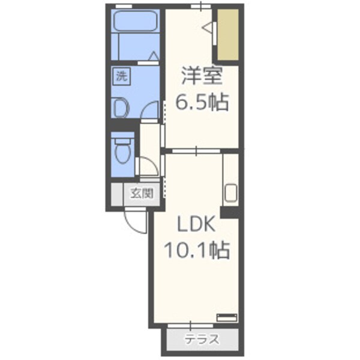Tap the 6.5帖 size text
tap(201, 103)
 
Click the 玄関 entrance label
tap(142, 193)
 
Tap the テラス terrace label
tap(202, 339)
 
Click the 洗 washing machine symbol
tap(122, 76)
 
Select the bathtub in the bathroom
tap(136, 23)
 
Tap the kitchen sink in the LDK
tap(231, 194)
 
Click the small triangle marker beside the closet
tap(208, 28)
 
